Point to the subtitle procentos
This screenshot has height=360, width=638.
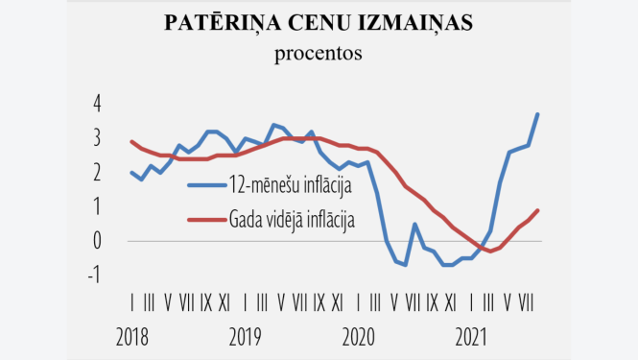pyautogui.click(x=319, y=53)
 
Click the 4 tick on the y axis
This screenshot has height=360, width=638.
pyautogui.click(x=96, y=104)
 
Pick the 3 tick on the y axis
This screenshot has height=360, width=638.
pyautogui.click(x=96, y=138)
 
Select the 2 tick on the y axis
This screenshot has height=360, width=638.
pyautogui.click(x=96, y=172)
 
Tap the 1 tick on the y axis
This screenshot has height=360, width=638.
pyautogui.click(x=96, y=206)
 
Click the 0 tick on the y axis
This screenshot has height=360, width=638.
pyautogui.click(x=96, y=241)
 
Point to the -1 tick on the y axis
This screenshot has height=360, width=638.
pyautogui.click(x=93, y=276)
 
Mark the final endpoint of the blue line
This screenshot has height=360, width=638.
pyautogui.click(x=537, y=114)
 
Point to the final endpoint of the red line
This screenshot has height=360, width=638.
pyautogui.click(x=537, y=210)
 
